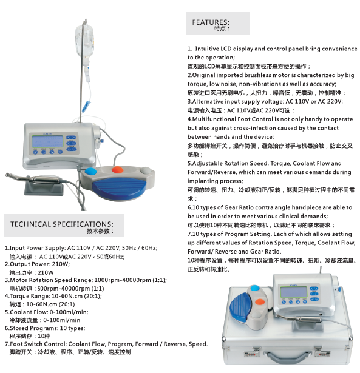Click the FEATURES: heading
(211, 22)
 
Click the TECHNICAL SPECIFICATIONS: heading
(62, 224)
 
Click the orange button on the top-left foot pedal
(118, 170)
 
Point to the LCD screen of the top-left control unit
(47, 141)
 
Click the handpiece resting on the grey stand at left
(33, 179)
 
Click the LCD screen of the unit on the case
(294, 292)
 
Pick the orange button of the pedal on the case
(260, 301)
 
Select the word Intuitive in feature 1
(207, 49)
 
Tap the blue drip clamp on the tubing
(86, 106)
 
